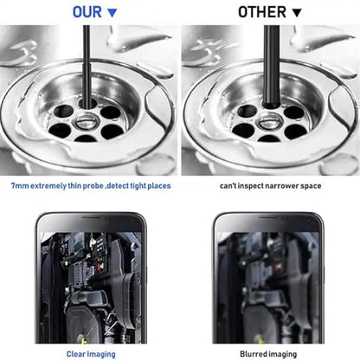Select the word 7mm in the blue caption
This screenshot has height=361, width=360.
(20, 186)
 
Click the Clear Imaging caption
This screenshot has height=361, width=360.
(89, 353)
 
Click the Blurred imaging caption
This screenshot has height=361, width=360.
(268, 353)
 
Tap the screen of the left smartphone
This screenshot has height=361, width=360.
(89, 287)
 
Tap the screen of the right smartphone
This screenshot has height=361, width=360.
(269, 287)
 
